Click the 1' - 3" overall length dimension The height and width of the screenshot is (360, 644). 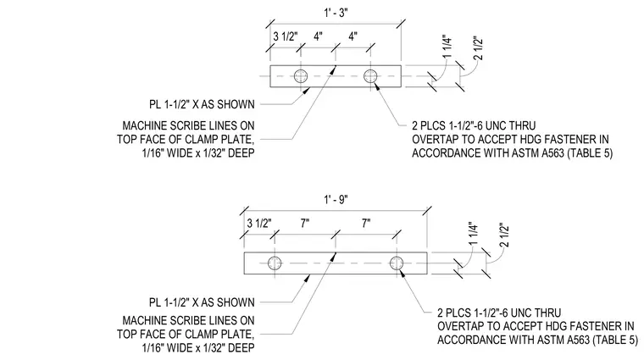point(336,13)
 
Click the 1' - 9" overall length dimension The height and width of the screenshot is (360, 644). point(336,200)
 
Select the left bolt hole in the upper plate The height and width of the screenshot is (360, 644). point(301,76)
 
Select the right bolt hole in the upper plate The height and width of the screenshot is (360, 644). point(370,76)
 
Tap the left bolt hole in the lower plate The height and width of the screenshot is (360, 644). point(275,263)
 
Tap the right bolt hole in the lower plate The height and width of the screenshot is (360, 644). point(397,263)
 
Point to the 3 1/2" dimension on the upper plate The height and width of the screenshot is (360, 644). point(285,36)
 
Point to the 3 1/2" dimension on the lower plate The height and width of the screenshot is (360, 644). point(259,224)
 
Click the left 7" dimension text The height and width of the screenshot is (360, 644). point(305,224)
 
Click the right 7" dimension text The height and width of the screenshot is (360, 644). point(366,224)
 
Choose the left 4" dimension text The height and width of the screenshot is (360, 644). point(318,36)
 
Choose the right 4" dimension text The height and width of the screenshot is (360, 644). point(353,36)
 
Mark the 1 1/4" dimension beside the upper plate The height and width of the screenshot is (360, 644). point(447,48)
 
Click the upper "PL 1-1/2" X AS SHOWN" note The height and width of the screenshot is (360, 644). point(202,105)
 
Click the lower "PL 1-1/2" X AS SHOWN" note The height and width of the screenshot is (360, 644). point(202,302)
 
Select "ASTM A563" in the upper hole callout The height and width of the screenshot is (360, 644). point(537,153)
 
